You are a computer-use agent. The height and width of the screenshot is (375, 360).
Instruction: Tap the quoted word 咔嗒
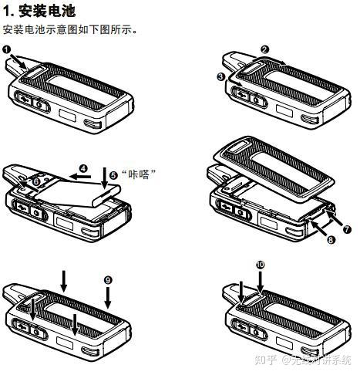pyautogui.click(x=138, y=175)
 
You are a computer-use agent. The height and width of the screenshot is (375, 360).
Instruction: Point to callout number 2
pyautogui.click(x=264, y=49)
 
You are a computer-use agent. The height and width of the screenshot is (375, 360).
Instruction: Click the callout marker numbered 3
pyautogui.click(x=220, y=76)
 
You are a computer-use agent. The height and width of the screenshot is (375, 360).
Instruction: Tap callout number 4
pyautogui.click(x=82, y=167)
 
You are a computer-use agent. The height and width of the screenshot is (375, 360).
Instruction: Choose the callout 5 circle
pyautogui.click(x=113, y=175)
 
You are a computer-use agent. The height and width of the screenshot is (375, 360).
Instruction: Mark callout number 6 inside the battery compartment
pyautogui.click(x=36, y=181)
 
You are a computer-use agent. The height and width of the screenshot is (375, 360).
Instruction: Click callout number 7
pyautogui.click(x=347, y=229)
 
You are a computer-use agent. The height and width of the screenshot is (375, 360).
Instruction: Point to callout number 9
pyautogui.click(x=108, y=279)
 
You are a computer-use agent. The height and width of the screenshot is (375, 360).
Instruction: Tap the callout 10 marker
pyautogui.click(x=260, y=264)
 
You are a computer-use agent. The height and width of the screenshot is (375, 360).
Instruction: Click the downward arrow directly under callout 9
pyautogui.click(x=108, y=296)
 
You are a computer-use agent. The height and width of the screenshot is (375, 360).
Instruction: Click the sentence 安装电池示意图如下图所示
pyautogui.click(x=70, y=29)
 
